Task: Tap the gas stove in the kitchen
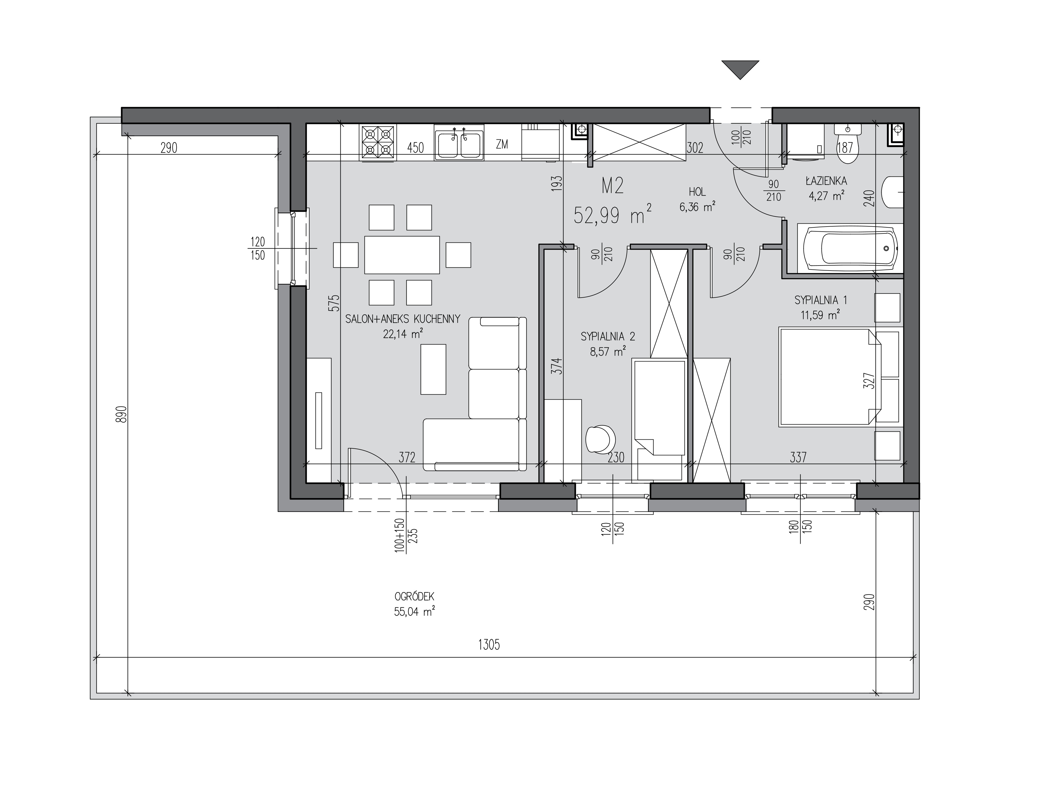[378, 142]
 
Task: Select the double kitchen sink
[459, 142]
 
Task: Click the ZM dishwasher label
[502, 144]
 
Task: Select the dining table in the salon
[402, 255]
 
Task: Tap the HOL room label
[697, 192]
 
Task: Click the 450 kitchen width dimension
[415, 148]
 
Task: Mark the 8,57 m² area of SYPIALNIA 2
[607, 352]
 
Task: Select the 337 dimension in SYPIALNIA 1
[798, 457]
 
